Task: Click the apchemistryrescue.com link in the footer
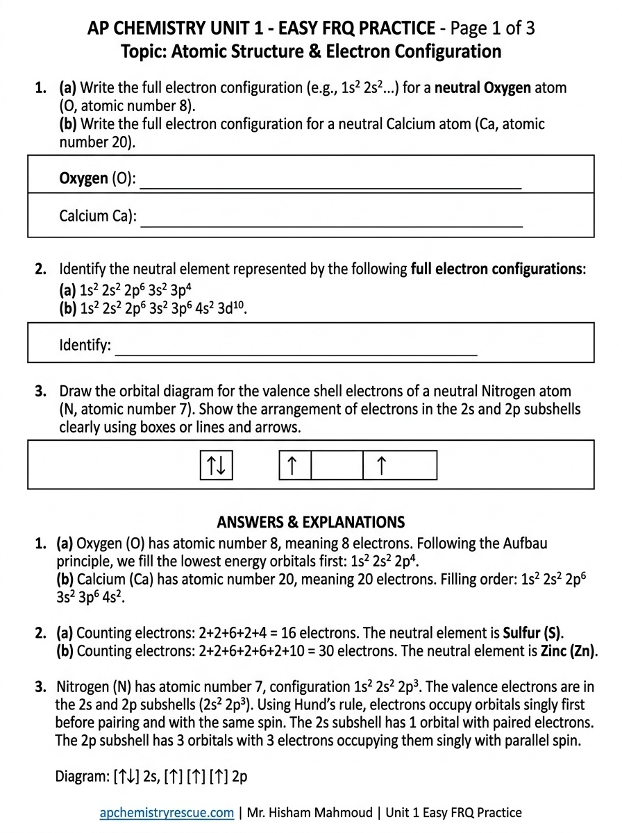click(167, 813)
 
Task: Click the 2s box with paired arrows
click(216, 466)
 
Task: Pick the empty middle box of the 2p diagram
click(337, 466)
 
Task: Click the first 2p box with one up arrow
click(294, 466)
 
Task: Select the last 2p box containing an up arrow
click(400, 466)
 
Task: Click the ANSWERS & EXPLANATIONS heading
click(310, 522)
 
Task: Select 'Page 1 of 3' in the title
click(492, 28)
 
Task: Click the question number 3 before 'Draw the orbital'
click(41, 391)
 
